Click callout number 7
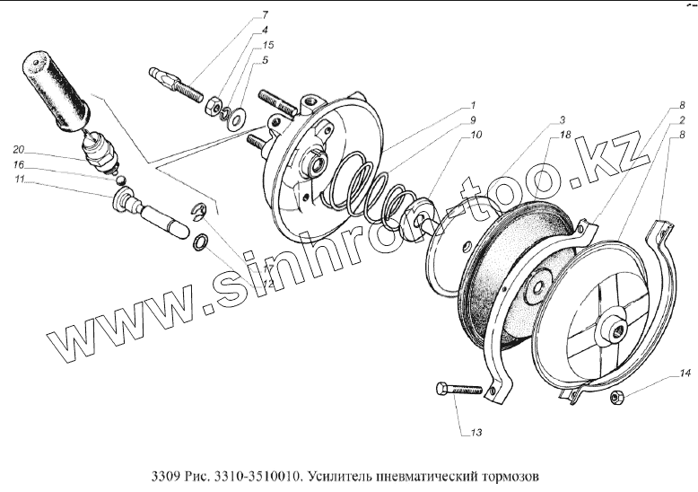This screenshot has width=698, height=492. (266, 15)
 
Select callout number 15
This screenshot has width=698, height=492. (267, 45)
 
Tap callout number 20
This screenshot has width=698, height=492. (19, 149)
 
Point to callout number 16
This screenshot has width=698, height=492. (18, 165)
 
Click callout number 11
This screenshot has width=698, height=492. (19, 180)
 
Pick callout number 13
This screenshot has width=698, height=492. (476, 432)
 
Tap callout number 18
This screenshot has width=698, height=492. (565, 135)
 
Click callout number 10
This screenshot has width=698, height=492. (476, 135)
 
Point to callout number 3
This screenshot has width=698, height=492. (563, 120)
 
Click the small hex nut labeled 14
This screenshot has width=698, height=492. (617, 396)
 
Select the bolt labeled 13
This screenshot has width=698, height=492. (459, 390)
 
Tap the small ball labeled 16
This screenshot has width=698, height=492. (120, 180)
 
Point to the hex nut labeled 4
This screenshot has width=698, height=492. (214, 106)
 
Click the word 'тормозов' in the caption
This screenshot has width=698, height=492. (510, 476)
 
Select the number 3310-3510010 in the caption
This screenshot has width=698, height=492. (257, 476)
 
